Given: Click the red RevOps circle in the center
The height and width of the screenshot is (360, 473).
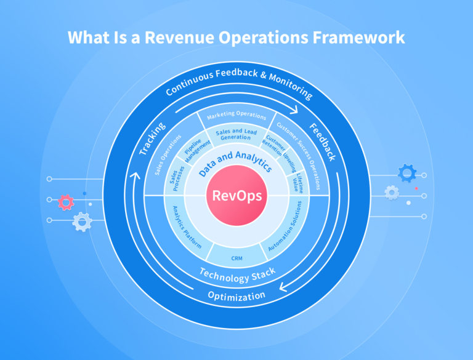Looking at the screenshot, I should pyautogui.click(x=236, y=196).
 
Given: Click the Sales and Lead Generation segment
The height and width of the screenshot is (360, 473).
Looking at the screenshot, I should pyautogui.click(x=236, y=134).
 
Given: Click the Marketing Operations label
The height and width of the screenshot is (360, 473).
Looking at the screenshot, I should pyautogui.click(x=236, y=116).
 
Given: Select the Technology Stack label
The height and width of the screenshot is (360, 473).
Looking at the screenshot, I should pyautogui.click(x=236, y=274).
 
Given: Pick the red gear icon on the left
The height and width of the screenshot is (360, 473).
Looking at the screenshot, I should pyautogui.click(x=66, y=201).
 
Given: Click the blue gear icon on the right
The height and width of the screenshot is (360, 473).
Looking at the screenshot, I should pyautogui.click(x=407, y=173).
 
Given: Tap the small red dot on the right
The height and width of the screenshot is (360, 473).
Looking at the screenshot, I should pyautogui.click(x=416, y=188).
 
